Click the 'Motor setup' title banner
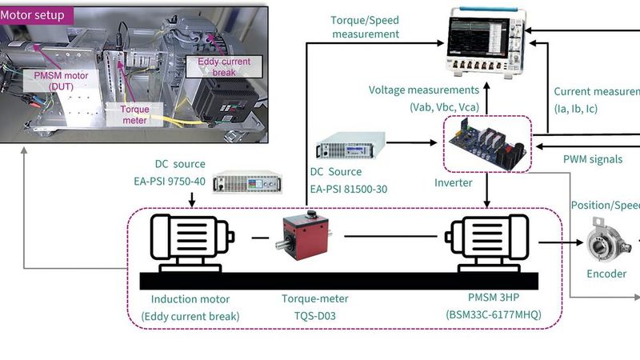pyautogui.click(x=36, y=14)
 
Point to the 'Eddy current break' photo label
pyautogui.click(x=218, y=67)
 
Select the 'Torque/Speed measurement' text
pyautogui.click(x=364, y=27)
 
